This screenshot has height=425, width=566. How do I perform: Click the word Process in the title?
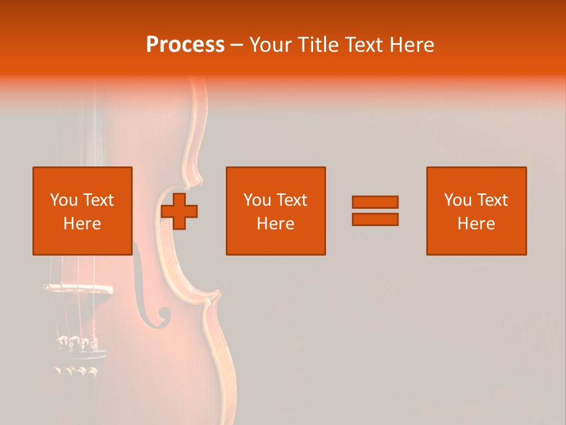185,45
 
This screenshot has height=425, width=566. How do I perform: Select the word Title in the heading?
318,45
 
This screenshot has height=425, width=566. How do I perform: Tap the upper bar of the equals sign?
375,202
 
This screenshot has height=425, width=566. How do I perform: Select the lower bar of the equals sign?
375,220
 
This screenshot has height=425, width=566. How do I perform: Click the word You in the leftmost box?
64,200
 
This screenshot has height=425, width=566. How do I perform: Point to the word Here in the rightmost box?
476,224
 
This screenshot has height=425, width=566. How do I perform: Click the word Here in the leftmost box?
82,224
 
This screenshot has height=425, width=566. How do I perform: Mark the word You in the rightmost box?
458,200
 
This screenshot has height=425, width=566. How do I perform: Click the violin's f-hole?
149,295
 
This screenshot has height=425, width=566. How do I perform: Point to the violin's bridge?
77,289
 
